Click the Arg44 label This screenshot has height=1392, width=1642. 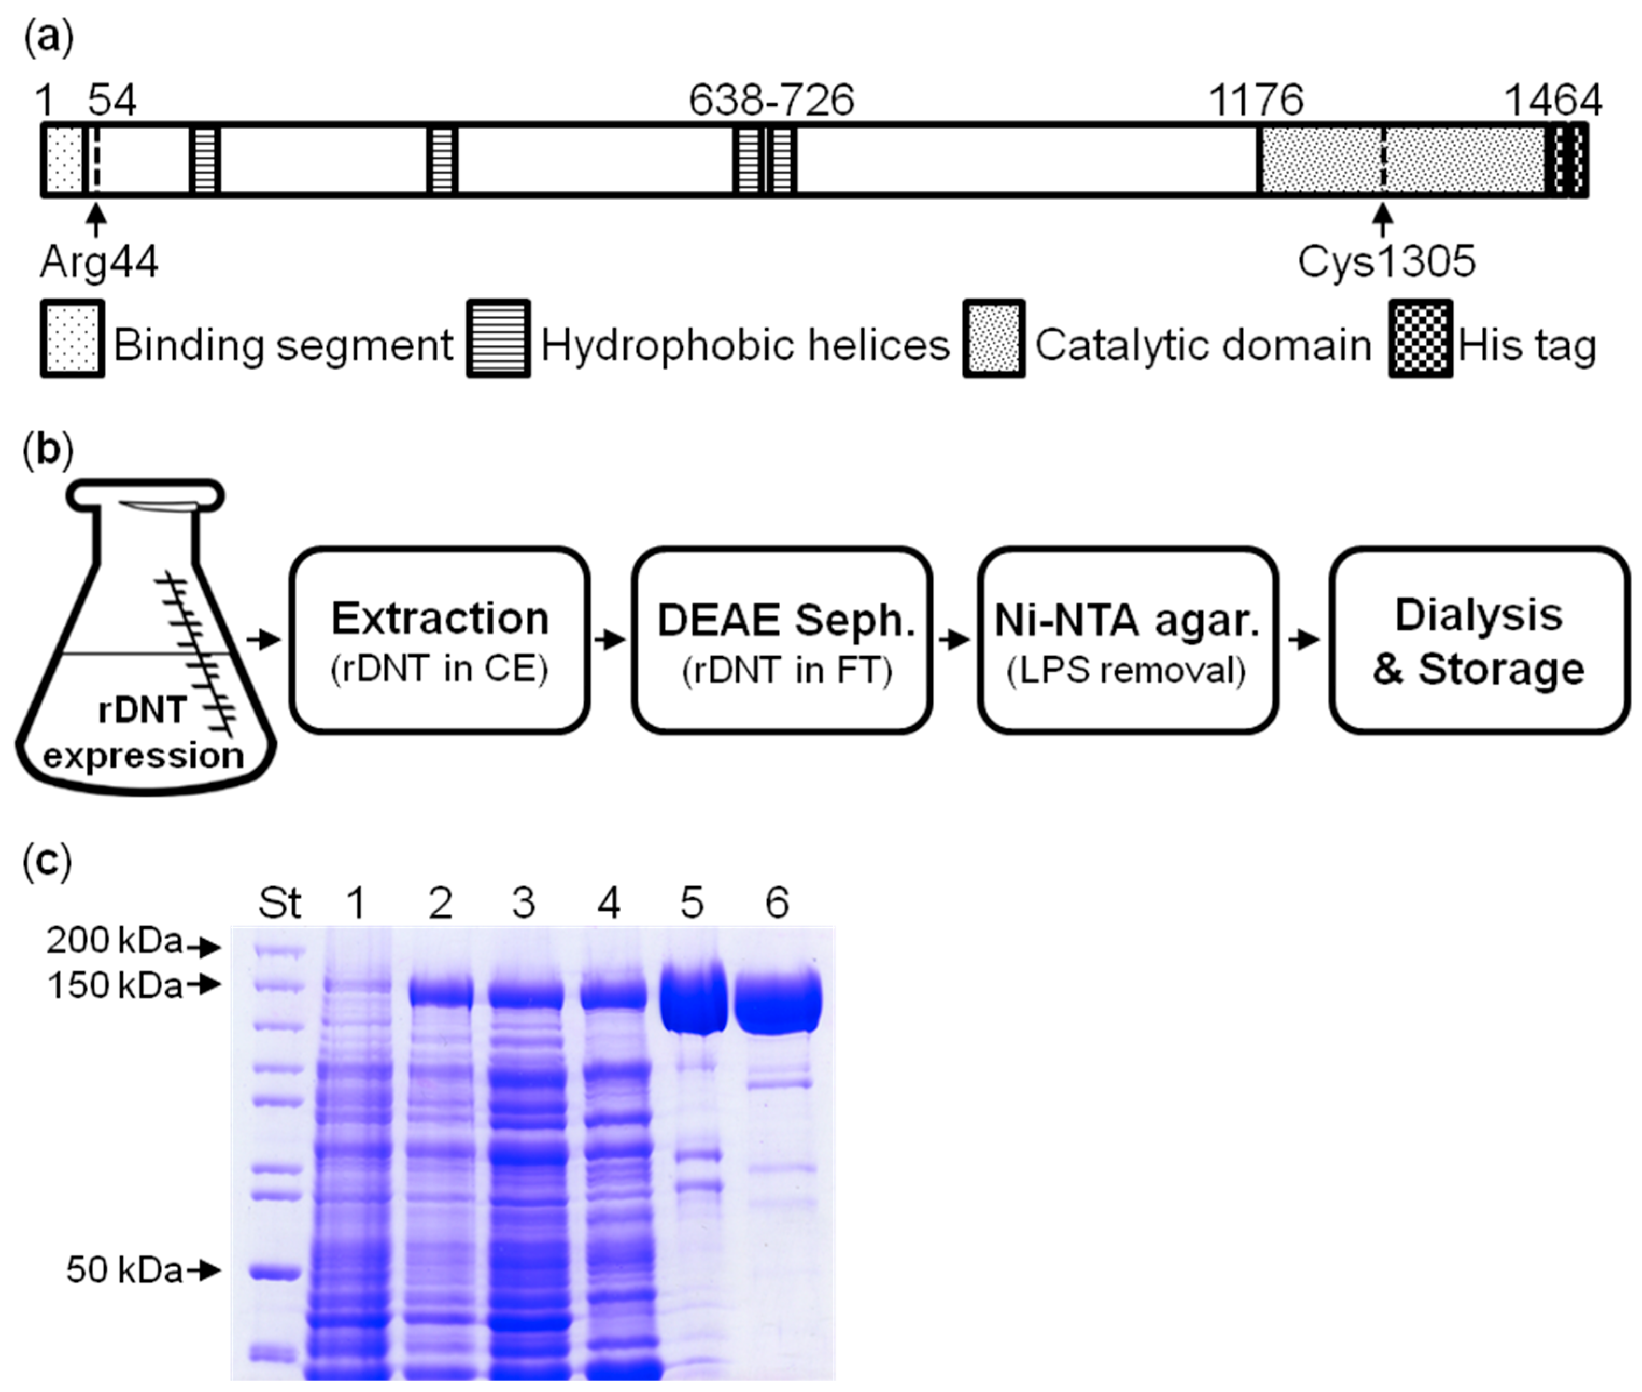pos(98,262)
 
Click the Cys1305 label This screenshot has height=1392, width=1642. pos(1385,262)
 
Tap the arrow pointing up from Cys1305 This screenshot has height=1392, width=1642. pos(1382,219)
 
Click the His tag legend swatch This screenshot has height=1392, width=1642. pos(1420,338)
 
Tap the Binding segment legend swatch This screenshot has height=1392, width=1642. pos(73,338)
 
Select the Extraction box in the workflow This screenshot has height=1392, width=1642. pos(439,640)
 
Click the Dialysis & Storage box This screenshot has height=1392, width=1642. pos(1478,640)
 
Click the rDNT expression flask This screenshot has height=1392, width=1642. pos(144,655)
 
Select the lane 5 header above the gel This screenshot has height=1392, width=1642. pos(692,903)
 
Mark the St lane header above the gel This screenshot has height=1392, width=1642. pos(279,903)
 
